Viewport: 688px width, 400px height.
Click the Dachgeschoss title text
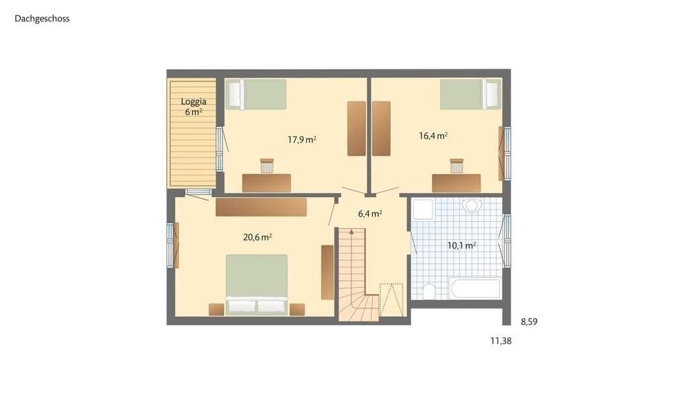pyautogui.click(x=42, y=18)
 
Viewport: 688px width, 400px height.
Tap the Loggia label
pyautogui.click(x=193, y=102)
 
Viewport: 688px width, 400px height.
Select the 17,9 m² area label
pyautogui.click(x=302, y=140)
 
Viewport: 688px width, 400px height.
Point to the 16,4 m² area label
pyautogui.click(x=433, y=136)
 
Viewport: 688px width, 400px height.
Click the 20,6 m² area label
pyautogui.click(x=257, y=237)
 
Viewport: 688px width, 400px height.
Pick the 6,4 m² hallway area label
pyautogui.click(x=370, y=214)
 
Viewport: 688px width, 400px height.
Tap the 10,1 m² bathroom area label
pyautogui.click(x=462, y=245)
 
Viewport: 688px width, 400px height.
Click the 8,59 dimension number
pyautogui.click(x=529, y=322)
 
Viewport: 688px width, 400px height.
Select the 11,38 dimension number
pyautogui.click(x=501, y=341)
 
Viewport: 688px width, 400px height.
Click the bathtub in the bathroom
pyautogui.click(x=475, y=288)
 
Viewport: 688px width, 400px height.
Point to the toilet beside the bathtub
pyautogui.click(x=429, y=290)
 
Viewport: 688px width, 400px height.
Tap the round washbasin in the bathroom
pyautogui.click(x=472, y=205)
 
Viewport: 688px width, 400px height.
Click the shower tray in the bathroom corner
pyautogui.click(x=423, y=209)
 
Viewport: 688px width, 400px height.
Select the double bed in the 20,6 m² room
pyautogui.click(x=257, y=284)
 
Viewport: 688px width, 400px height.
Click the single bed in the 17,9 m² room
pyautogui.click(x=256, y=94)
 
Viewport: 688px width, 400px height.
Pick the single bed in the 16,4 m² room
pyautogui.click(x=470, y=94)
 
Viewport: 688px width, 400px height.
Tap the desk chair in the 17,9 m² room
pyautogui.click(x=267, y=165)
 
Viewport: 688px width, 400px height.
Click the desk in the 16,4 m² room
pyautogui.click(x=456, y=183)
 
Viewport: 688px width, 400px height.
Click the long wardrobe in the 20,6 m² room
pyautogui.click(x=261, y=207)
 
